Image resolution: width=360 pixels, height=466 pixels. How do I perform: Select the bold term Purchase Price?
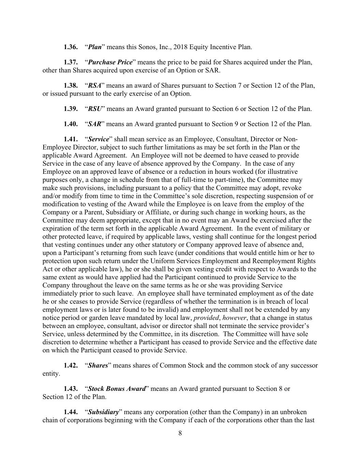110,62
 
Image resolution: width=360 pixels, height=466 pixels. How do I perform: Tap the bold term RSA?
95,86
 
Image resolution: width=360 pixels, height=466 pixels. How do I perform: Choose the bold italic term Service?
99,139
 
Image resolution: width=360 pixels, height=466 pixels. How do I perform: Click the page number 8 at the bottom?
180,434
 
